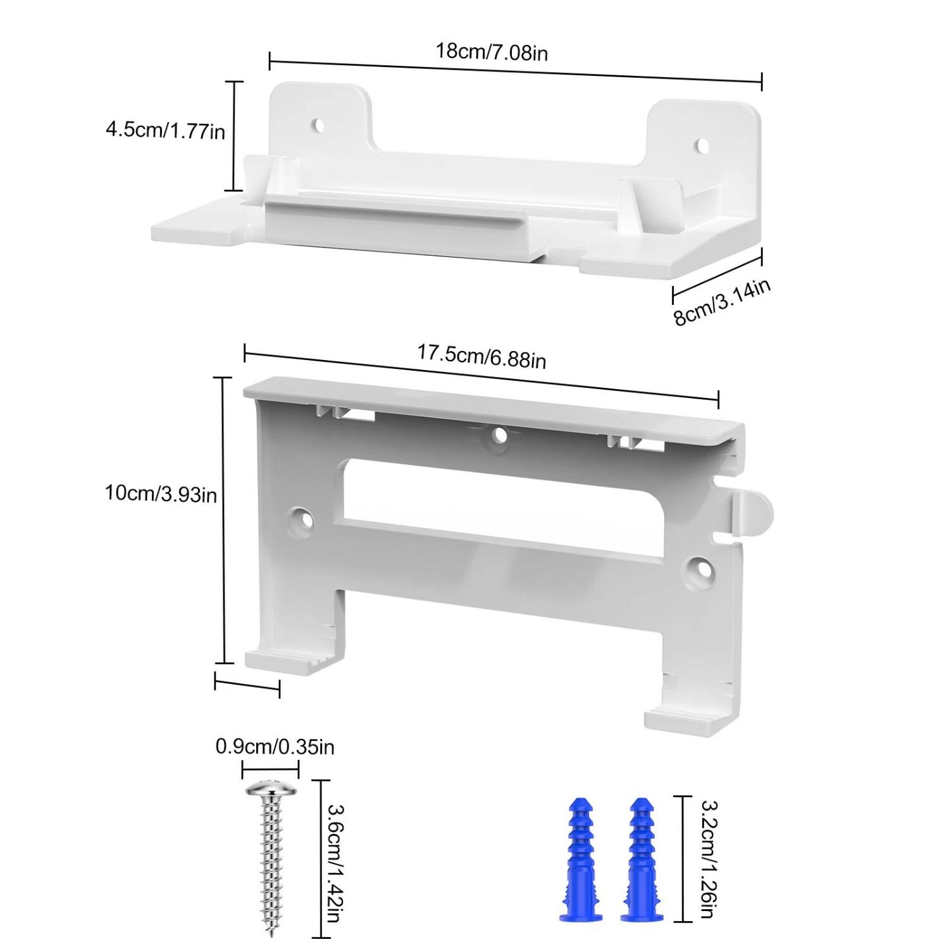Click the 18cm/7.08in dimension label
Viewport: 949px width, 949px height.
click(x=492, y=52)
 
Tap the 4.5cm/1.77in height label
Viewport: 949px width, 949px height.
click(x=165, y=131)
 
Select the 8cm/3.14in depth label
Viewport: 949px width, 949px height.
click(x=722, y=302)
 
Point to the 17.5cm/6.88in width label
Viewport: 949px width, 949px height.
click(x=481, y=356)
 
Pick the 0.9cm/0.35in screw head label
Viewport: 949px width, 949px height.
click(x=275, y=747)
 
